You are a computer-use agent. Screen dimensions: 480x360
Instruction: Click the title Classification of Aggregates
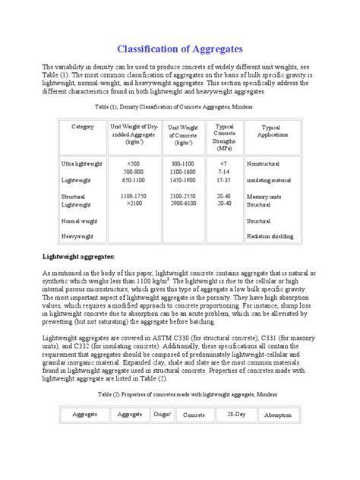(x=179, y=49)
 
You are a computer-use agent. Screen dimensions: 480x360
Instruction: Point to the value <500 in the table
(x=134, y=163)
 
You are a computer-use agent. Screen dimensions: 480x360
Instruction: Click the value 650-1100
(x=134, y=180)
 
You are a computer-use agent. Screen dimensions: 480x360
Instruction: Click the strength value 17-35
(x=224, y=180)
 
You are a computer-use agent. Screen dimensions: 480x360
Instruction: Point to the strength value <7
(x=224, y=163)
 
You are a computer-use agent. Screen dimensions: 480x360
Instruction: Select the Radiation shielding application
(x=270, y=236)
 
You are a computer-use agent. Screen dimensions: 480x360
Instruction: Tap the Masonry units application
(x=264, y=196)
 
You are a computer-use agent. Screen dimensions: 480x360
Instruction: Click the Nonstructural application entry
(x=266, y=163)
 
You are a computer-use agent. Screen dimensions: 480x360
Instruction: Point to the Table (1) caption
(x=179, y=107)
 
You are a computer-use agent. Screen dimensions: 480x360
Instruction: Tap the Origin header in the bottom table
(x=162, y=415)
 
